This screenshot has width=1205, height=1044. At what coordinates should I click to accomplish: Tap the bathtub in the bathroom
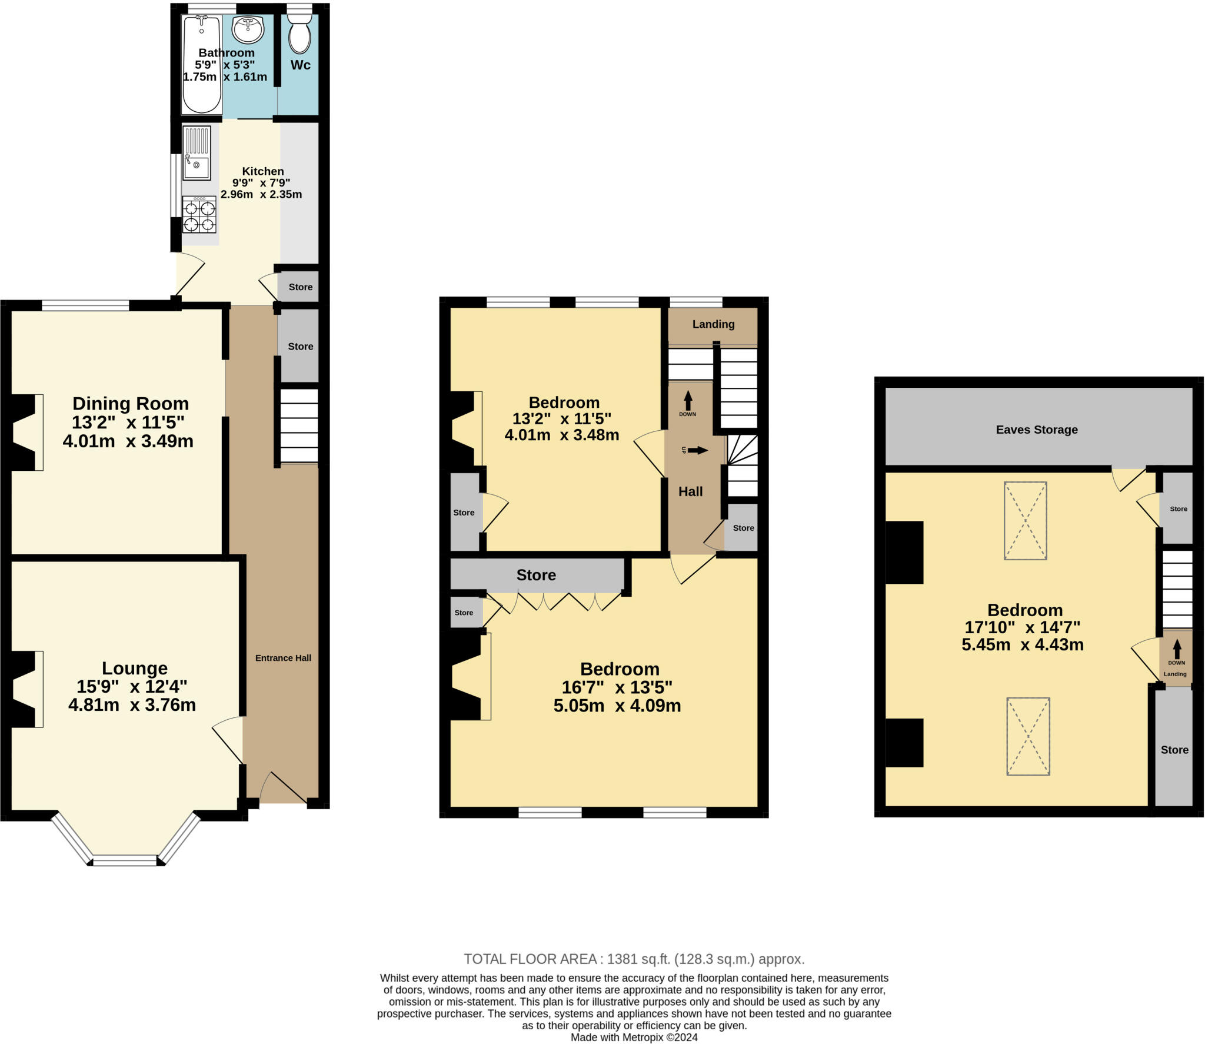pyautogui.click(x=202, y=65)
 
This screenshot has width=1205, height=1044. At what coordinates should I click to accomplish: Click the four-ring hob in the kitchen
pyautogui.click(x=199, y=215)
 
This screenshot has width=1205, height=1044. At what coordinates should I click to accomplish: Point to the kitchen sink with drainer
pyautogui.click(x=197, y=153)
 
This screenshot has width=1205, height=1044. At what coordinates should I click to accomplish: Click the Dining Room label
pyautogui.click(x=131, y=404)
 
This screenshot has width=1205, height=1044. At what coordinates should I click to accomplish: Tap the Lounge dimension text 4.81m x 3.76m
pyautogui.click(x=132, y=705)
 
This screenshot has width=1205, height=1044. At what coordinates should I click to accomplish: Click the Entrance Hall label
pyautogui.click(x=283, y=658)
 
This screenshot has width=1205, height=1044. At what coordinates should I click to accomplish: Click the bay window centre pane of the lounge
pyautogui.click(x=125, y=860)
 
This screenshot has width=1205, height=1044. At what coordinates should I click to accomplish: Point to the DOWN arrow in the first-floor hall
pyautogui.click(x=688, y=401)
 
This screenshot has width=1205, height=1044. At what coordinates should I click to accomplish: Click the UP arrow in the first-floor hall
pyautogui.click(x=697, y=450)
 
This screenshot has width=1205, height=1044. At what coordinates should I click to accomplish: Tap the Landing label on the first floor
pyautogui.click(x=713, y=324)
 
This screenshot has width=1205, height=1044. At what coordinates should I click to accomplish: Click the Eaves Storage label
pyautogui.click(x=1037, y=430)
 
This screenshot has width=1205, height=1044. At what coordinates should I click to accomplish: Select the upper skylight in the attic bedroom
pyautogui.click(x=1025, y=520)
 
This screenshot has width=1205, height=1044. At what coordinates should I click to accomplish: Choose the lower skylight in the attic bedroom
pyautogui.click(x=1028, y=736)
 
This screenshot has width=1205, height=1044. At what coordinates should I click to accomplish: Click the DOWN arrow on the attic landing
pyautogui.click(x=1176, y=649)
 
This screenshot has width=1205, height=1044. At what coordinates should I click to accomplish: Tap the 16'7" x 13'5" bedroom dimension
pyautogui.click(x=617, y=687)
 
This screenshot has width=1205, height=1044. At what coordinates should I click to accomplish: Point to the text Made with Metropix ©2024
pyautogui.click(x=634, y=1037)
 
